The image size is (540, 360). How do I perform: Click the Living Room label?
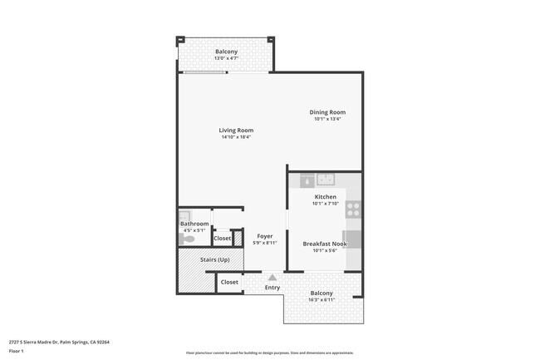pyautogui.click(x=236, y=131)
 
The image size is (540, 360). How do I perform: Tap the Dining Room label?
pyautogui.click(x=327, y=112)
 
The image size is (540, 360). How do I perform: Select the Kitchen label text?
pyautogui.click(x=325, y=197)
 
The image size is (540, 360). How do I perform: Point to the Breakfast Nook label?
pyautogui.click(x=325, y=244)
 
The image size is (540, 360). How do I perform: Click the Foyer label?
pyautogui.click(x=264, y=236)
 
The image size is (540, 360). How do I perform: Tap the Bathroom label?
pyautogui.click(x=194, y=224)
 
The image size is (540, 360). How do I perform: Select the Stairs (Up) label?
pyautogui.click(x=214, y=259)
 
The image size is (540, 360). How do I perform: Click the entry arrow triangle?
pyautogui.click(x=272, y=278)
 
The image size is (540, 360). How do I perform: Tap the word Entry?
pyautogui.click(x=272, y=288)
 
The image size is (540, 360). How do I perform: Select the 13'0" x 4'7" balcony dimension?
pyautogui.click(x=226, y=58)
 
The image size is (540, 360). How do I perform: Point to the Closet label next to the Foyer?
pyautogui.click(x=222, y=239)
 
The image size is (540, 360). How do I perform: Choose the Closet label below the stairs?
pyautogui.click(x=229, y=282)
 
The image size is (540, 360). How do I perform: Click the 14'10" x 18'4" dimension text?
pyautogui.click(x=236, y=137)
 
